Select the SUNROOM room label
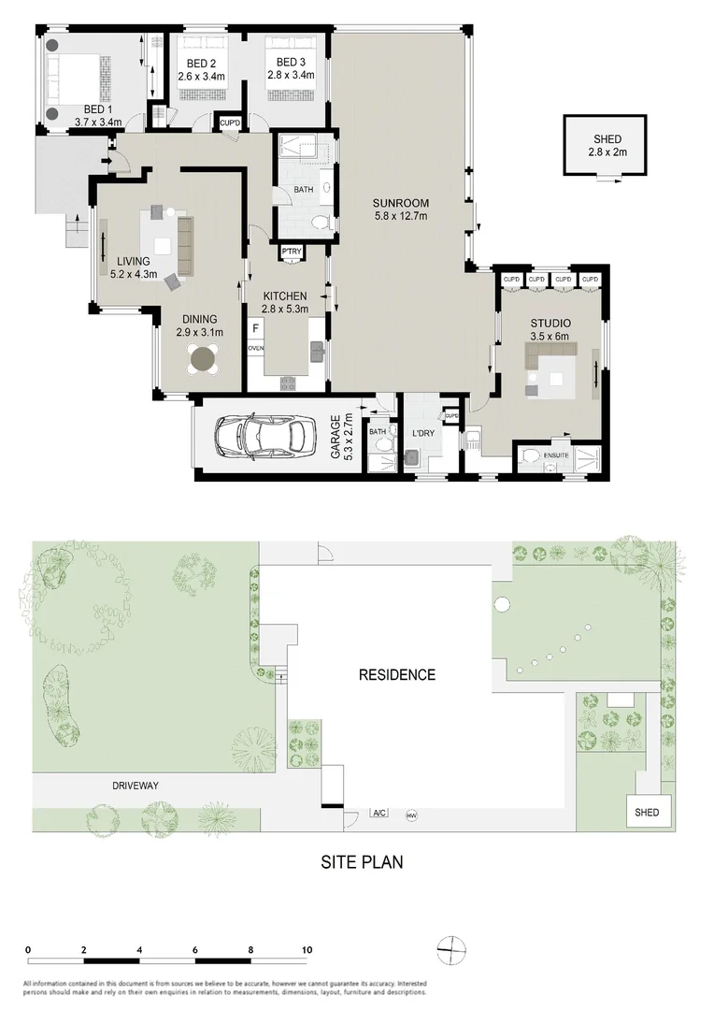tap(399, 203)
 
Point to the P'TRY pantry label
tap(290, 251)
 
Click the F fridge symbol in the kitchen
tap(255, 328)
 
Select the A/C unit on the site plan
tap(380, 814)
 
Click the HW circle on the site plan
tap(410, 815)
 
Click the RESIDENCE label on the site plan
tap(397, 674)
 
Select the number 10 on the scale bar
tap(306, 949)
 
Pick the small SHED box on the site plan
tap(646, 812)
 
